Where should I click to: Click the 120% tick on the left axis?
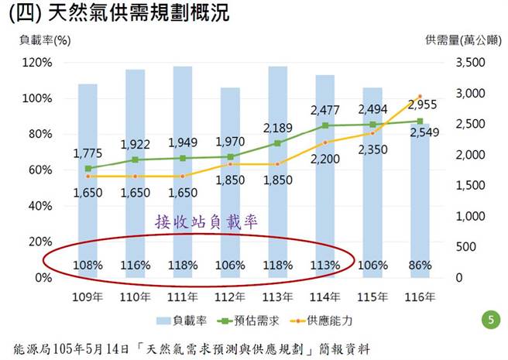[37, 63]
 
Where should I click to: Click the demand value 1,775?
[88, 153]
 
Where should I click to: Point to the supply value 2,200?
[326, 159]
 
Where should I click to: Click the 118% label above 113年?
[277, 265]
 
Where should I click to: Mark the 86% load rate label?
[420, 265]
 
